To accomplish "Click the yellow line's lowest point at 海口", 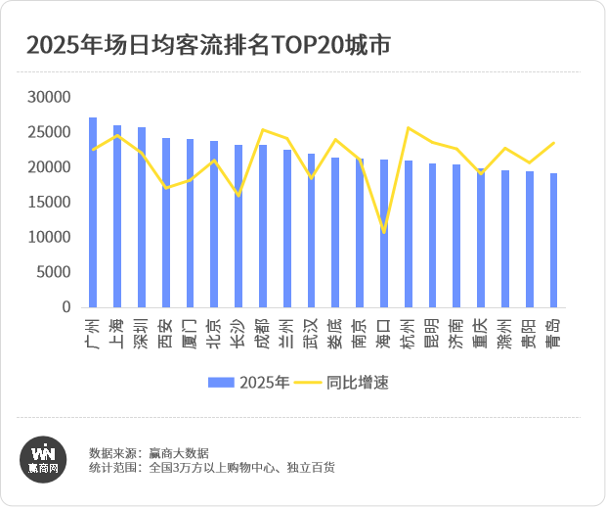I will (x=384, y=232).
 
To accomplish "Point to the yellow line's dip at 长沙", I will (x=238, y=196).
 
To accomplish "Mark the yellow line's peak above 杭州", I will (x=408, y=128).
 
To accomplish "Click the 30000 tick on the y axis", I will (x=50, y=97).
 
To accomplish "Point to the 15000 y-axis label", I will (x=50, y=203).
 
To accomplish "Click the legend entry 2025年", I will (x=248, y=383).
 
